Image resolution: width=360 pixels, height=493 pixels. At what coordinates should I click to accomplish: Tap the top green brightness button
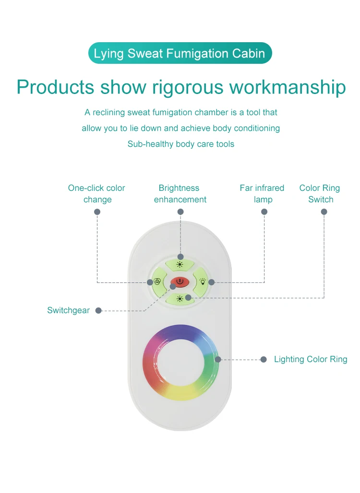(x=180, y=264)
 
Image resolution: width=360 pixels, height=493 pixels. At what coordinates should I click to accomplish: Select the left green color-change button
(x=158, y=282)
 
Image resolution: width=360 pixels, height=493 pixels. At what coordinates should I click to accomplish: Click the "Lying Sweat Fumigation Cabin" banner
(x=180, y=53)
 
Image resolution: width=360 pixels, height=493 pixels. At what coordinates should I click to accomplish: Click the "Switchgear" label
(x=68, y=310)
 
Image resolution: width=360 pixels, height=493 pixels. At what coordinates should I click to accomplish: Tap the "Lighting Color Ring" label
(x=311, y=359)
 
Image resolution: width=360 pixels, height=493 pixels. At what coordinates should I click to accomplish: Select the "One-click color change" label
(x=97, y=194)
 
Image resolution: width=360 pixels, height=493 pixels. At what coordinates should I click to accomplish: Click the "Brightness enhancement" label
(x=180, y=194)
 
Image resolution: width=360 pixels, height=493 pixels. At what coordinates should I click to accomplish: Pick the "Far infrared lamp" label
(x=262, y=194)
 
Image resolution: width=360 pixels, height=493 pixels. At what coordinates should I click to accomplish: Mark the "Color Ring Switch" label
(x=320, y=194)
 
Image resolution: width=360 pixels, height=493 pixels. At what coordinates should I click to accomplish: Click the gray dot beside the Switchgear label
(x=98, y=311)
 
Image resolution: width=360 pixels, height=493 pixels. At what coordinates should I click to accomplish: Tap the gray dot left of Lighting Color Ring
(x=263, y=359)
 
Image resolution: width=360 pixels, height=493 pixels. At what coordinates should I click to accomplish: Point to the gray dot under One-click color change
(x=97, y=211)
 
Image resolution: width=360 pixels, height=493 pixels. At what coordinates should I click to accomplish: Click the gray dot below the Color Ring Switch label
(x=324, y=211)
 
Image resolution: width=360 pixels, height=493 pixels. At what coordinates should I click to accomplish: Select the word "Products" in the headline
(x=55, y=87)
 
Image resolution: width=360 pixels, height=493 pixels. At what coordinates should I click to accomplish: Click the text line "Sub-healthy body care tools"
(x=181, y=144)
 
